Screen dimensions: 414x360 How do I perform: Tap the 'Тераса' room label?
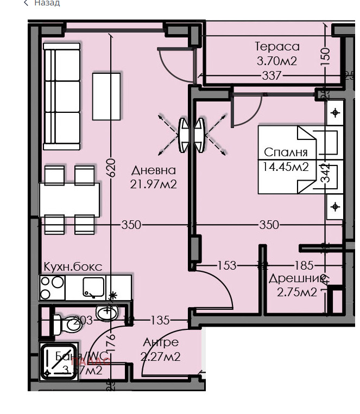(277, 47)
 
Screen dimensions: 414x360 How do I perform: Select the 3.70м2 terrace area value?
(277, 61)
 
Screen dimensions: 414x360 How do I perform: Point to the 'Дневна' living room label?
(154, 170)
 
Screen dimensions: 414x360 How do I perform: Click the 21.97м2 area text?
(154, 184)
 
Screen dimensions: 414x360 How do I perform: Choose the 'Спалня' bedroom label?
(286, 152)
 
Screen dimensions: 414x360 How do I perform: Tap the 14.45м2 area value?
(286, 167)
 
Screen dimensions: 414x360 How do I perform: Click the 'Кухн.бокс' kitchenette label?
(73, 267)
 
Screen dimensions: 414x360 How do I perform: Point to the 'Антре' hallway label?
(161, 342)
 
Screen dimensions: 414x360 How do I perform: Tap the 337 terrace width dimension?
(271, 75)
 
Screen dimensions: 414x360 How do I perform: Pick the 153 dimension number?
(226, 265)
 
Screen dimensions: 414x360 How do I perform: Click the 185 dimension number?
(304, 265)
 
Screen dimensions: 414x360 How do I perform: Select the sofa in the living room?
(61, 97)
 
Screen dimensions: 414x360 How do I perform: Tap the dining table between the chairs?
(70, 200)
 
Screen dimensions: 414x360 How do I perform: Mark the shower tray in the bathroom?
(59, 362)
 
